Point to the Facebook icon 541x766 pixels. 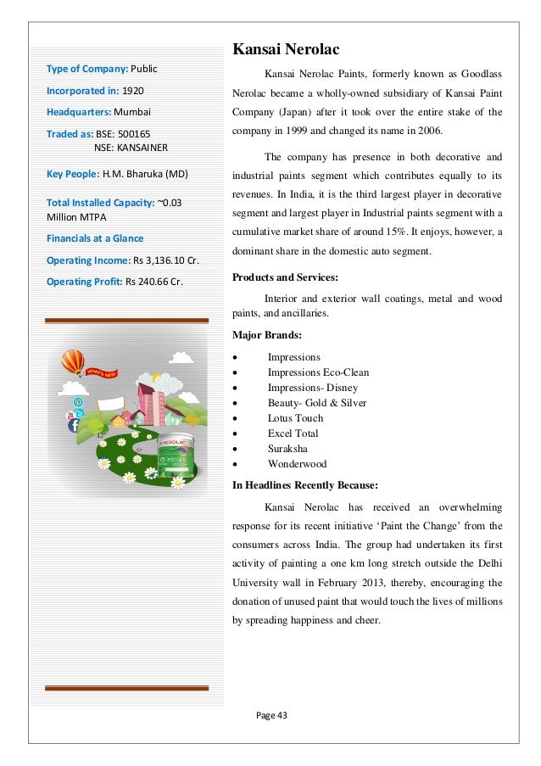[x=78, y=413]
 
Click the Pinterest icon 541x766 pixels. [x=79, y=401]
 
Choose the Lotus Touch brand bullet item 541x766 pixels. [x=295, y=418]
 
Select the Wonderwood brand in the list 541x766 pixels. [x=297, y=464]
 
